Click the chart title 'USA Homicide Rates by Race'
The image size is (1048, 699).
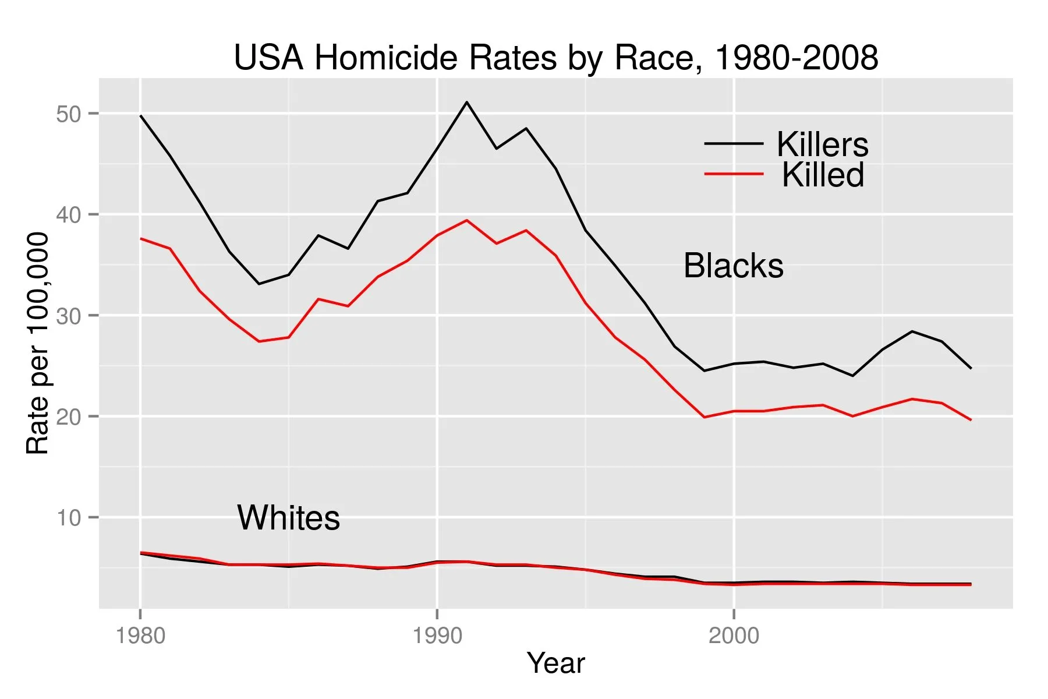click(x=555, y=58)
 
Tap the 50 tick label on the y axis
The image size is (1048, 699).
click(x=69, y=114)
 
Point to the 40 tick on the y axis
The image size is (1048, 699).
click(x=69, y=215)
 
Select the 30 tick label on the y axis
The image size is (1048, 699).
click(x=69, y=316)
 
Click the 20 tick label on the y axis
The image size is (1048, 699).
click(x=69, y=417)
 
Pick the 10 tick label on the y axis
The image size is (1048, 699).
click(x=69, y=518)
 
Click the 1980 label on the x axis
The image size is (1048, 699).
click(x=140, y=636)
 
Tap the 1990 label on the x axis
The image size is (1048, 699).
click(x=437, y=636)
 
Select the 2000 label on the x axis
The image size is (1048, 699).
click(x=734, y=636)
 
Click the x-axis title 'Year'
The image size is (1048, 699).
click(x=555, y=663)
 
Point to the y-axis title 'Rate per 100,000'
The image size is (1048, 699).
click(x=38, y=344)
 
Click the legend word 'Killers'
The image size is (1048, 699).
click(x=822, y=144)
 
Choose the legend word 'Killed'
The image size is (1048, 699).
click(x=823, y=175)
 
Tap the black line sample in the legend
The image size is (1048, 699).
click(x=734, y=143)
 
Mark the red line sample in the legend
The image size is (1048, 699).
click(x=734, y=174)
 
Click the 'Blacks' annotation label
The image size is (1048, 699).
click(x=733, y=266)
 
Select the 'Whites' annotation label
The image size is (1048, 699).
click(x=288, y=518)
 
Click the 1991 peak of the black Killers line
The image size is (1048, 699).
click(x=467, y=102)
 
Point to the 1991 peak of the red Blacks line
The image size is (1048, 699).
click(x=467, y=220)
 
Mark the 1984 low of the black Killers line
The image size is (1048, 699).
click(x=259, y=284)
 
